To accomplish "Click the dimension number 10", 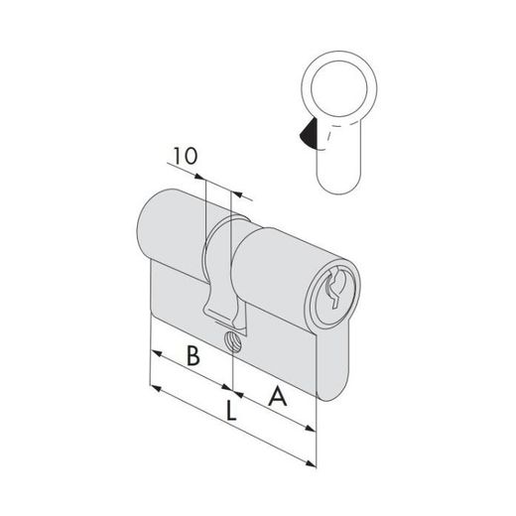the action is click(186, 156).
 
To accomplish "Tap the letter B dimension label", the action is click(193, 355).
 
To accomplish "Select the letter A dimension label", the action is click(278, 397).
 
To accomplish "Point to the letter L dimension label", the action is click(231, 411).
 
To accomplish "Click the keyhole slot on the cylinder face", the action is click(334, 289).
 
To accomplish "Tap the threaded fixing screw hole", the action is click(233, 341).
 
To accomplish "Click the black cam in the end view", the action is click(309, 134).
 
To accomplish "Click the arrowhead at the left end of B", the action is click(156, 353).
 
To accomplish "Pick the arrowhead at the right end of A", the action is click(311, 429).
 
